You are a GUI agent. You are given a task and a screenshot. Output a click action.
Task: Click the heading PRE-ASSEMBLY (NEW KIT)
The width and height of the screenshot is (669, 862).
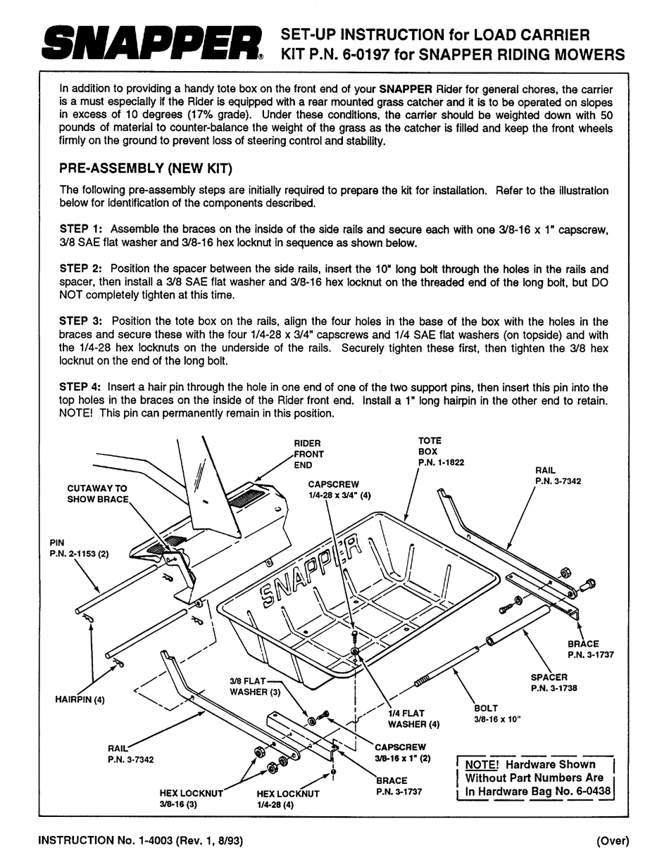click(x=146, y=169)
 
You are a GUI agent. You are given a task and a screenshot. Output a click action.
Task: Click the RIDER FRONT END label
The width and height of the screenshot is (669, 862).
click(x=308, y=454)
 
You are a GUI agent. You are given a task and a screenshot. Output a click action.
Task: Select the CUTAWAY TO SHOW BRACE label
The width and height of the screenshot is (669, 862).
click(x=98, y=493)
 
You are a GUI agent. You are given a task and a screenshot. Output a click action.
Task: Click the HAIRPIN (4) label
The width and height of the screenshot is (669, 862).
click(x=80, y=699)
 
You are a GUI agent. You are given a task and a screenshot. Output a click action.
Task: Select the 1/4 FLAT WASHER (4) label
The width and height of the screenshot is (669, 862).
click(x=415, y=718)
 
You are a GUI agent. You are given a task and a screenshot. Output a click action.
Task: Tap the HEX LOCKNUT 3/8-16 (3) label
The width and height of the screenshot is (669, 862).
click(x=191, y=798)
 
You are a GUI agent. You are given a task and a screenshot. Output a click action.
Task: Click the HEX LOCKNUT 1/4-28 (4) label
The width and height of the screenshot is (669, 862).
click(x=287, y=798)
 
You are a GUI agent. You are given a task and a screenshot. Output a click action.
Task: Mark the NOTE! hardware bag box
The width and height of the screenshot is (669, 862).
click(x=536, y=778)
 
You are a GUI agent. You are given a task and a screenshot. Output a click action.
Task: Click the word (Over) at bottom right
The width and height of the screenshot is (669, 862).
click(x=611, y=840)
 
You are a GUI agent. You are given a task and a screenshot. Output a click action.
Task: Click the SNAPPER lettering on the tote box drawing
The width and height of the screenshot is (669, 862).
click(x=310, y=570)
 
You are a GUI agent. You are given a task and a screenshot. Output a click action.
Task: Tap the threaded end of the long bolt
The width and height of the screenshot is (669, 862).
click(x=421, y=680)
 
